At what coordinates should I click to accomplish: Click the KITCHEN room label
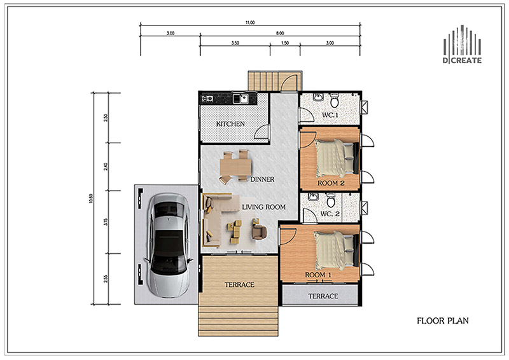[x=230, y=123]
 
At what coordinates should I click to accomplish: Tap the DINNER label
[x=262, y=179]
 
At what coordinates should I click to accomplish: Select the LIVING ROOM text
[x=264, y=207]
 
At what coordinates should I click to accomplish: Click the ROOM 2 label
[x=331, y=183]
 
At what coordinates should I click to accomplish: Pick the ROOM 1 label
[x=318, y=275]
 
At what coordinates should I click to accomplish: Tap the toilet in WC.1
[x=335, y=100]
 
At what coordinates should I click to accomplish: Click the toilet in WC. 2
[x=331, y=200]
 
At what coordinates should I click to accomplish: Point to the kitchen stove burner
[x=207, y=99]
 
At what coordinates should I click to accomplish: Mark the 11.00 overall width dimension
[x=250, y=22]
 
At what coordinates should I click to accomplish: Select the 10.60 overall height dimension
[x=91, y=198]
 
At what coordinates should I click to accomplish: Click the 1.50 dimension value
[x=284, y=43]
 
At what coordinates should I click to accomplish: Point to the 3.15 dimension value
[x=106, y=222]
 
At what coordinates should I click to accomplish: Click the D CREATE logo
[x=463, y=45]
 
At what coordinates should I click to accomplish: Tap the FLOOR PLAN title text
[x=443, y=321]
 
